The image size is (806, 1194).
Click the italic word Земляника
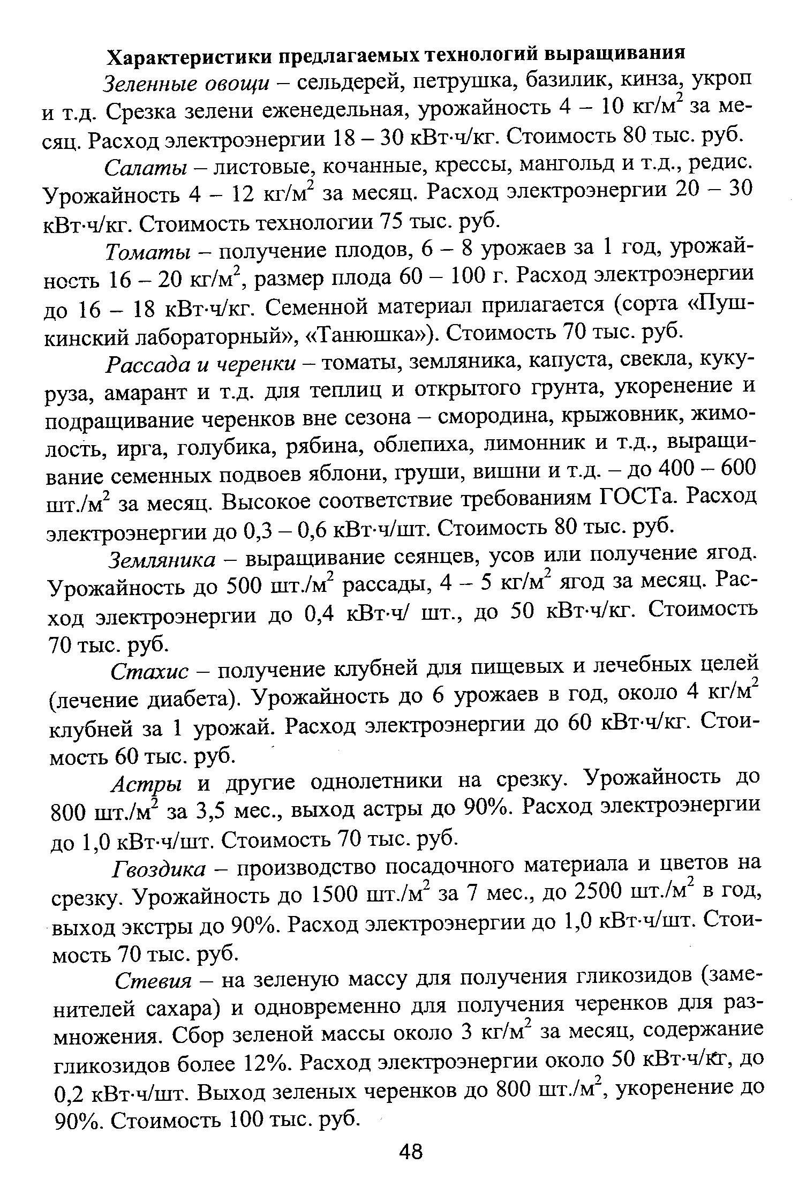(x=162, y=560)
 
